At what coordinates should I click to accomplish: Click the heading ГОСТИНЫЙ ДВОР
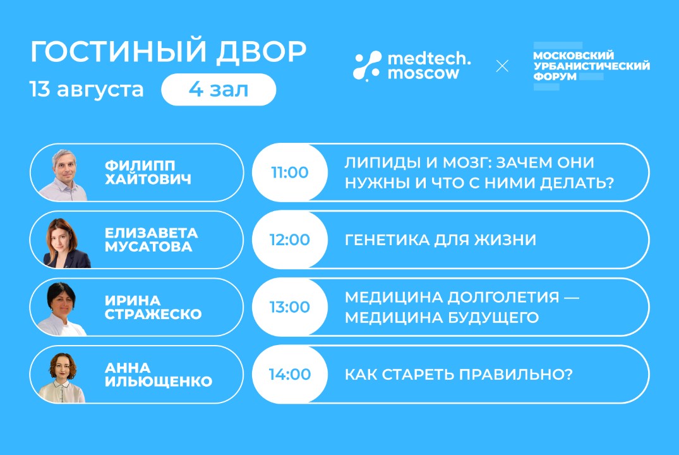[x=168, y=53]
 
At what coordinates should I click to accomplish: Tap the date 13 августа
[x=87, y=89]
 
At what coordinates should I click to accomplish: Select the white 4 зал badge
[x=219, y=90]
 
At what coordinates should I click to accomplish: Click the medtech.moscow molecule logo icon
[x=367, y=65]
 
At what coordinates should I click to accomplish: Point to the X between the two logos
[x=502, y=66]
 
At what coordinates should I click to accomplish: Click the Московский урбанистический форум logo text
[x=591, y=66]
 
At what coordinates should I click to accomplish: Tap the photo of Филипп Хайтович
[x=69, y=174]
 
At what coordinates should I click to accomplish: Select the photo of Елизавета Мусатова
[x=66, y=242]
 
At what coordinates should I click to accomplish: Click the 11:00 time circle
[x=290, y=173]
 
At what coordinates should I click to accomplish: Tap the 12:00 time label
[x=290, y=240]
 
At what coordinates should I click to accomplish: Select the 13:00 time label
[x=290, y=307]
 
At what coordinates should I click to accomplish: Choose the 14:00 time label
[x=290, y=374]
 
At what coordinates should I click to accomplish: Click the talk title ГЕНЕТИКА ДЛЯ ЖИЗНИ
[x=440, y=240]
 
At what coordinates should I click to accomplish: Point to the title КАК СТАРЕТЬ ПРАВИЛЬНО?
[x=459, y=374]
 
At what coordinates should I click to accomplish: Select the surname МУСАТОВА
[x=148, y=246]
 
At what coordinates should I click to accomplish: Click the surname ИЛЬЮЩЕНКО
[x=159, y=381]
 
